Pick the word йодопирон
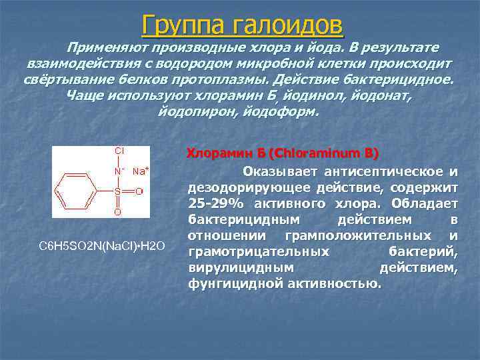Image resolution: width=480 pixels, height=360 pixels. click(191, 111)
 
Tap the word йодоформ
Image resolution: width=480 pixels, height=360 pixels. click(284, 111)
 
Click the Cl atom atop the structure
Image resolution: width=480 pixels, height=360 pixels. click(119, 151)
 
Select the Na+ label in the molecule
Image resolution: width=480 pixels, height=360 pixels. click(140, 171)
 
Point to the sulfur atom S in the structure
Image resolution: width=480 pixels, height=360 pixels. click(117, 191)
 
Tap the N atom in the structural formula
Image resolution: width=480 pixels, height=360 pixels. click(117, 171)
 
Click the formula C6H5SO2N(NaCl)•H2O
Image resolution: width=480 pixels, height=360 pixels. click(102, 246)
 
